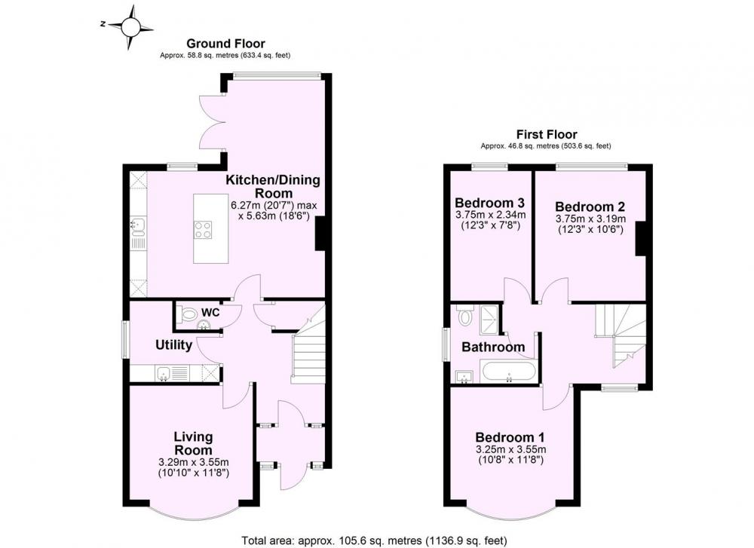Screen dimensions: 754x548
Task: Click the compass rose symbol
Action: (129, 27)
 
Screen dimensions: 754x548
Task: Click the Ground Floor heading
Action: (225, 44)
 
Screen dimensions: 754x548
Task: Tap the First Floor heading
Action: (546, 134)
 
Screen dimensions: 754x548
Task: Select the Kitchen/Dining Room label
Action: (273, 186)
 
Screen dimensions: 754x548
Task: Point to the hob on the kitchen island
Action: (204, 229)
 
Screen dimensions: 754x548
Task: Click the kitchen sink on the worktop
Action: (136, 225)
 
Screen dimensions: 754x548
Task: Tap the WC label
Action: (210, 313)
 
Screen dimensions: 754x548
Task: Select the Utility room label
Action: (173, 344)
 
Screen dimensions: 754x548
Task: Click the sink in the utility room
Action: (163, 372)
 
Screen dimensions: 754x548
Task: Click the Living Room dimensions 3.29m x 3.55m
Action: (193, 462)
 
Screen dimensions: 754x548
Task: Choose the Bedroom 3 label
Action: (489, 202)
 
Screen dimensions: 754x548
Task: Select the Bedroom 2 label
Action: (590, 207)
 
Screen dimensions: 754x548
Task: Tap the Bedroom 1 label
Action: (510, 437)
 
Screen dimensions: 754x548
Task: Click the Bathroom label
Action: (493, 347)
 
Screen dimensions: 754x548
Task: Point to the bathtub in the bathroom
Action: (508, 372)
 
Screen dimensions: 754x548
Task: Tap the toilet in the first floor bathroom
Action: (464, 315)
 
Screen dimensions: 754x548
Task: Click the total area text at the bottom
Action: (374, 540)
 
